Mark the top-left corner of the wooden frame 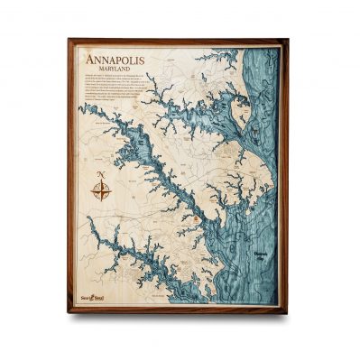(69, 40)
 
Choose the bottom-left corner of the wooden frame (69, 312)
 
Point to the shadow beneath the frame (180, 317)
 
